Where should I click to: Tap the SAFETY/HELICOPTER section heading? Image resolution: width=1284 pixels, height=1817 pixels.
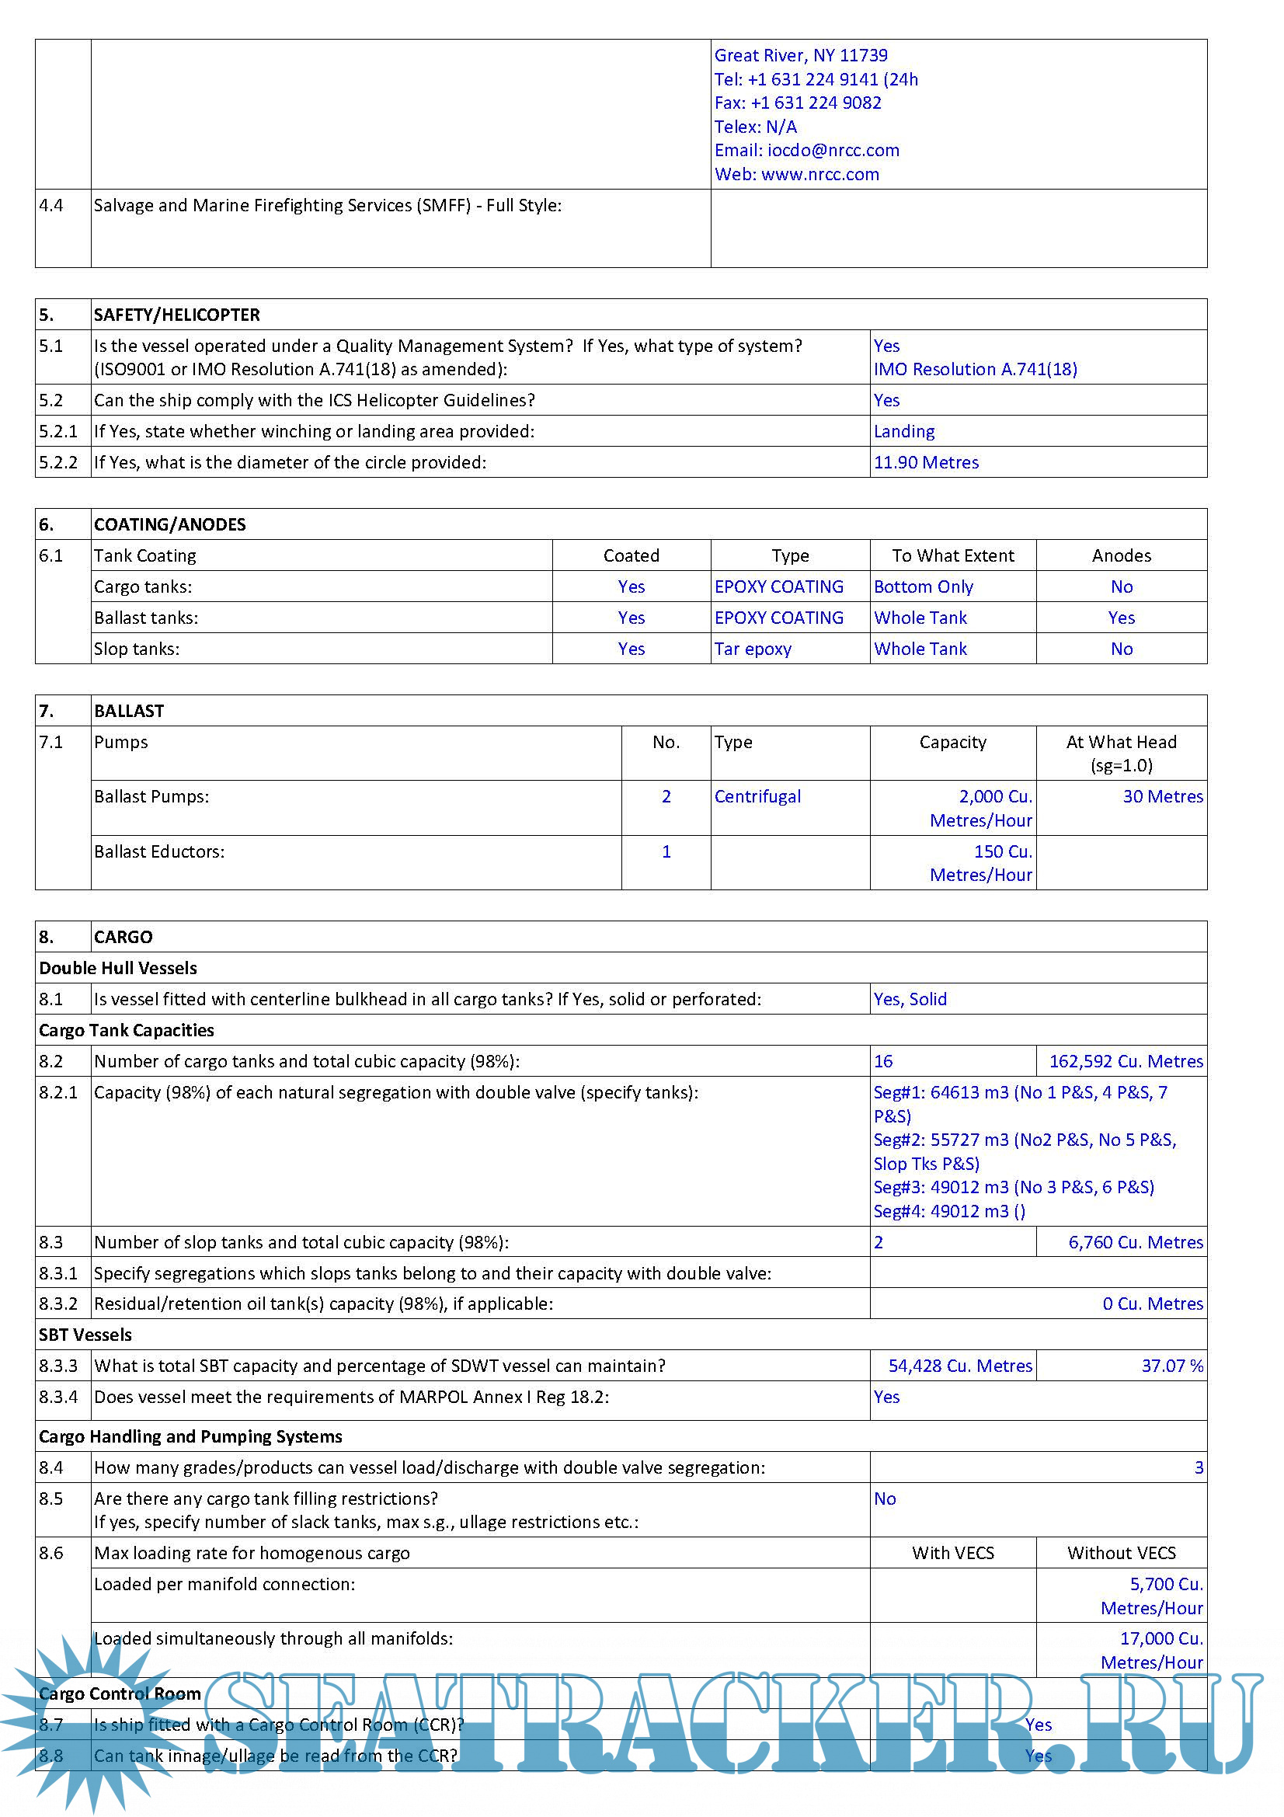[176, 315]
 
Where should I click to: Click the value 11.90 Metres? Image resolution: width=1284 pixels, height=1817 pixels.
[926, 462]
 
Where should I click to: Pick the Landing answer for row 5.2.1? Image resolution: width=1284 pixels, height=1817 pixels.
[903, 431]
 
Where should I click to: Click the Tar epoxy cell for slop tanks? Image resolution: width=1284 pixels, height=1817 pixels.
[753, 649]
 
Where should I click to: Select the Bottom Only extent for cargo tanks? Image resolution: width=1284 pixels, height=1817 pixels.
[923, 587]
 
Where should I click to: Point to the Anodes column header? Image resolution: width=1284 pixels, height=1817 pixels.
[1121, 555]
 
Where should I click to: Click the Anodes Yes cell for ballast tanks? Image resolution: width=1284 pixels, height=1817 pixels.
[1121, 618]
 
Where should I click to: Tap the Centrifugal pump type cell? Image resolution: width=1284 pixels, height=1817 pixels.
[757, 796]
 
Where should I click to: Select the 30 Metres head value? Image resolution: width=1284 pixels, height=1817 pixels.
[1162, 796]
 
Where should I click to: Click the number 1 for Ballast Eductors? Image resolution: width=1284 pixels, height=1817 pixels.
[666, 851]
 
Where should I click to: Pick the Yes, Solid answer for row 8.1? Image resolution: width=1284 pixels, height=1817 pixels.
[910, 999]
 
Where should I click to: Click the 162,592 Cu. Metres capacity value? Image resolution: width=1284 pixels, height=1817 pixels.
[1126, 1061]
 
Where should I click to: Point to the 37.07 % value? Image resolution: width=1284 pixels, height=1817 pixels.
[1171, 1366]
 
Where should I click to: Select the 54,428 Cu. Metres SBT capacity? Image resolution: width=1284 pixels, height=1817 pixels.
[959, 1366]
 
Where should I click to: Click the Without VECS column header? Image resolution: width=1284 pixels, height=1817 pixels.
[1121, 1553]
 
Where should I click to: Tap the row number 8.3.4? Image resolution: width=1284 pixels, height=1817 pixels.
[58, 1397]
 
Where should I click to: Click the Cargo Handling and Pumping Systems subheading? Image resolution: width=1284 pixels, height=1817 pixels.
[190, 1436]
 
